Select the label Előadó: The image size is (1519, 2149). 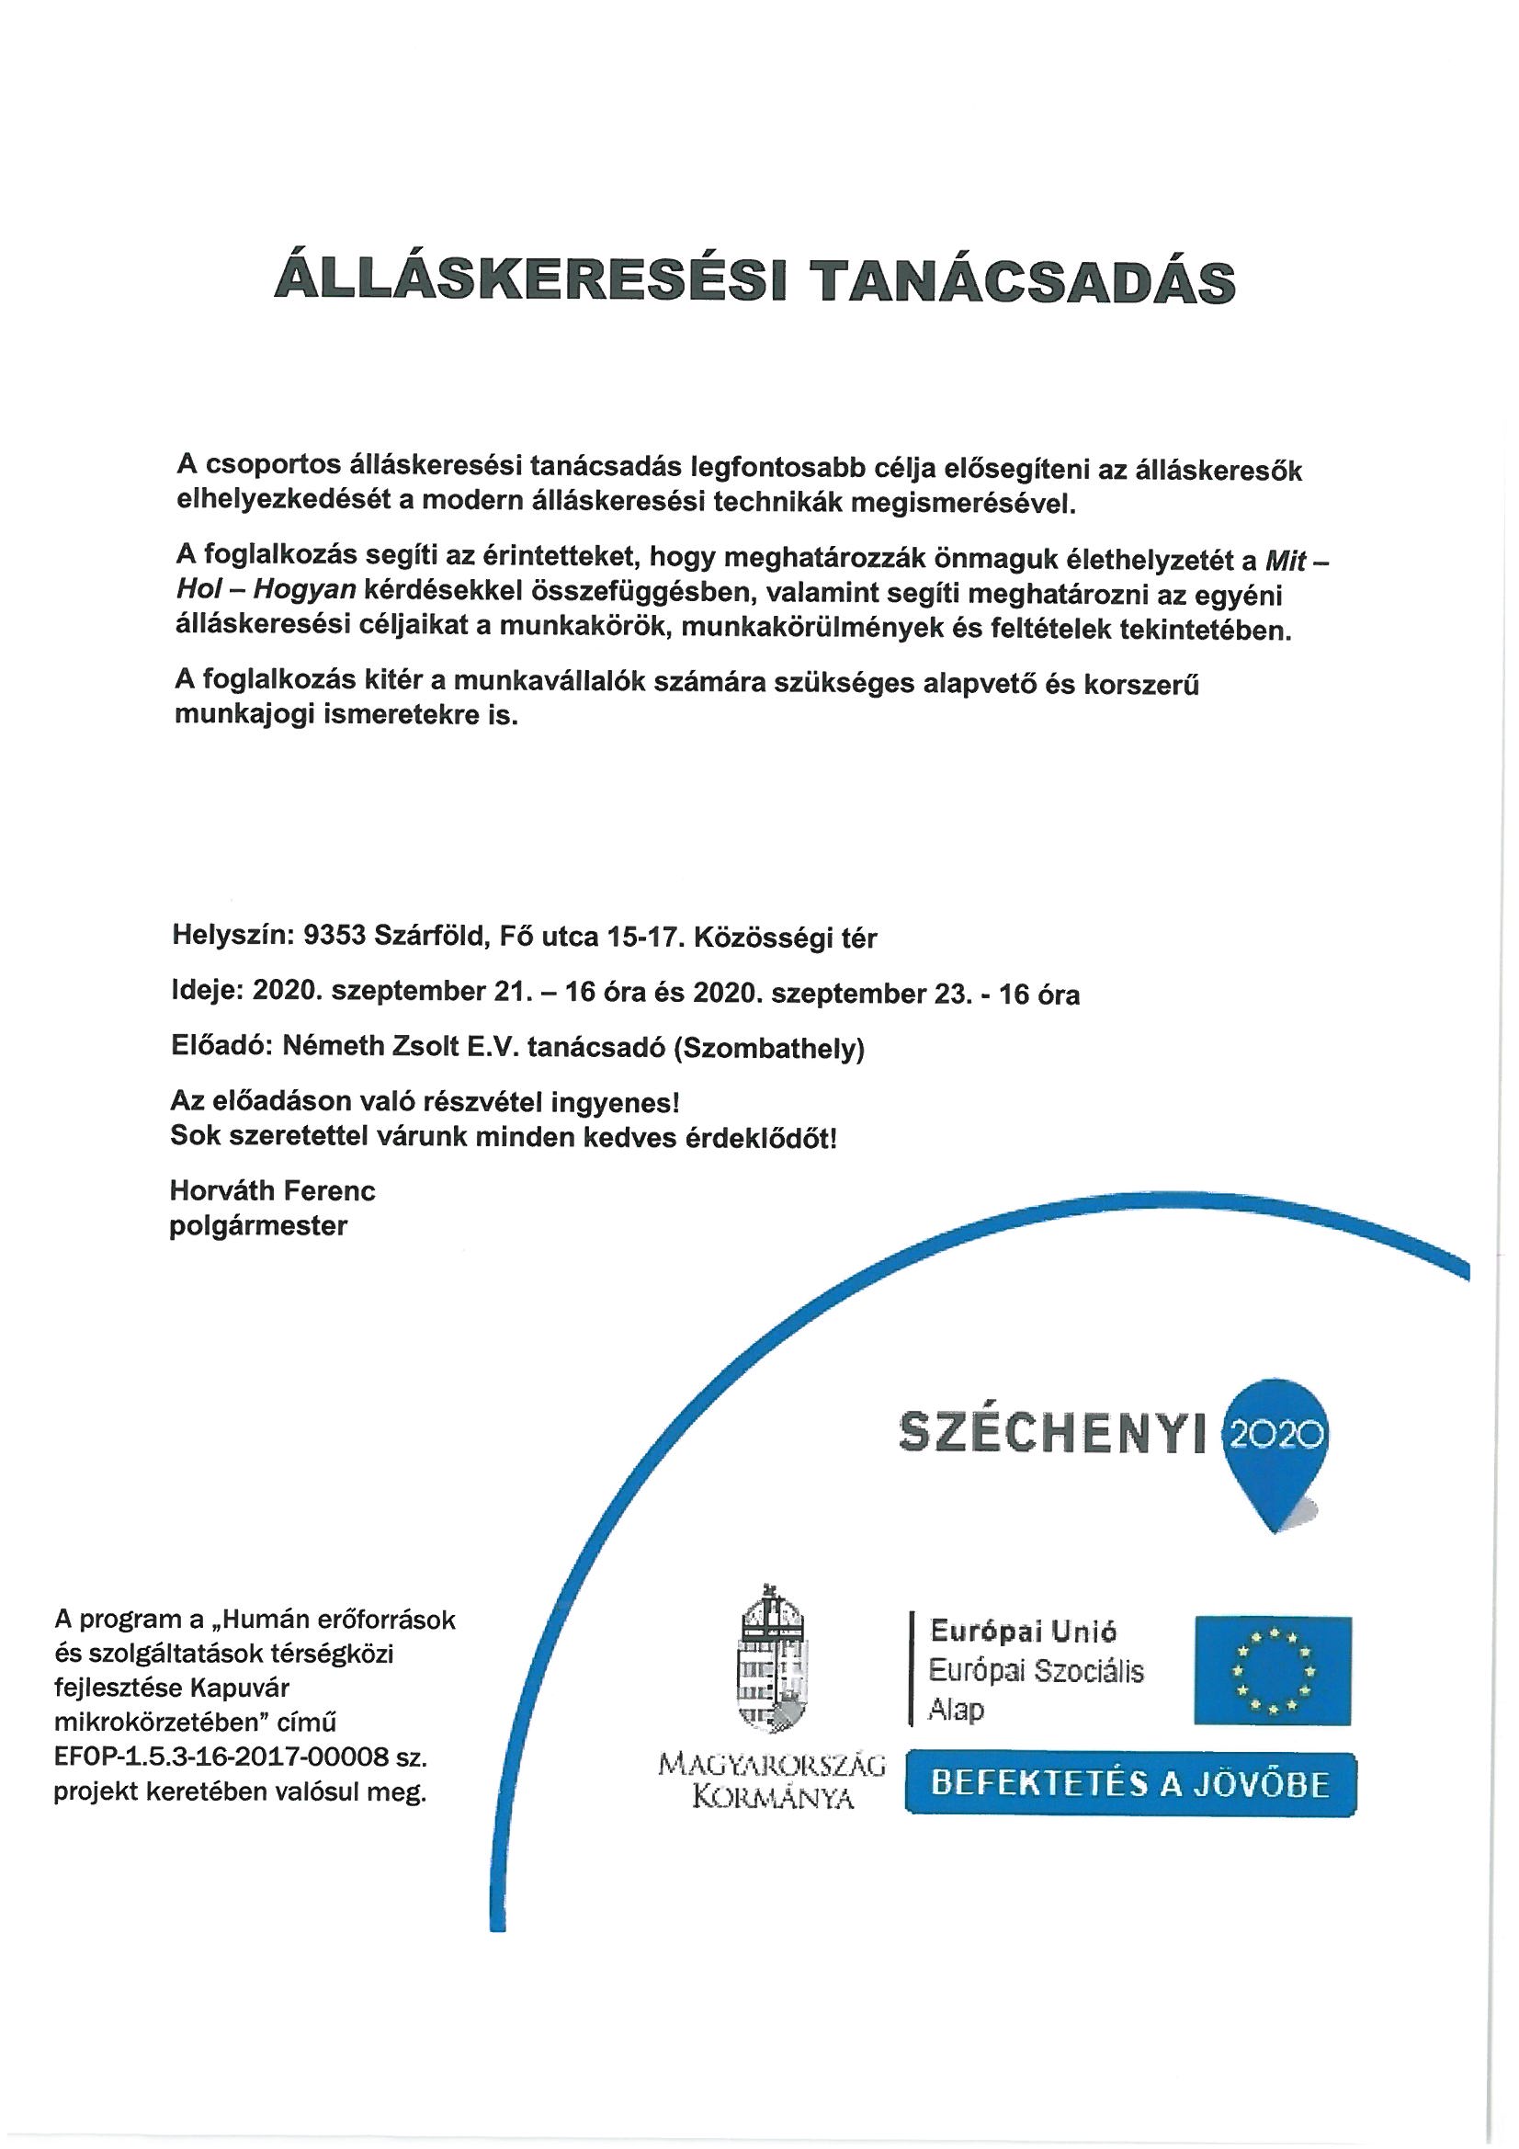coord(221,1050)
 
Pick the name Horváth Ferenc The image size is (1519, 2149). coord(272,1189)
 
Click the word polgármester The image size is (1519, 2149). coord(258,1225)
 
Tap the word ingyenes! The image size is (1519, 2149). coord(618,1102)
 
